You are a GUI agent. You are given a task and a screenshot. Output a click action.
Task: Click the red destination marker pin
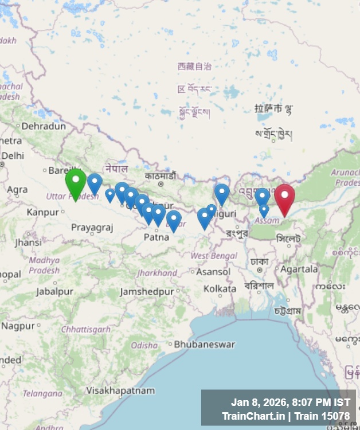[x=284, y=198]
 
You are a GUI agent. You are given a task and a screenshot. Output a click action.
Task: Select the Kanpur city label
[x=42, y=212]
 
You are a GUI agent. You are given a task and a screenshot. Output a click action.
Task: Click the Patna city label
[x=156, y=236]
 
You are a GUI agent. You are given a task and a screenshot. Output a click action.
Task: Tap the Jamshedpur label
[x=147, y=292]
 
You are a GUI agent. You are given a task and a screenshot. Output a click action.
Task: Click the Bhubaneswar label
[x=205, y=345]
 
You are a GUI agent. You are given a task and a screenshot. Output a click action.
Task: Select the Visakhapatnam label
[x=120, y=390]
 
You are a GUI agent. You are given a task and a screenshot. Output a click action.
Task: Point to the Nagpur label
[x=18, y=326]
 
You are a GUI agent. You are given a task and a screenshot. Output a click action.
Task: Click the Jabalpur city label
[x=54, y=291]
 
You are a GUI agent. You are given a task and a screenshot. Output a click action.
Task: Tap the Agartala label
[x=299, y=268]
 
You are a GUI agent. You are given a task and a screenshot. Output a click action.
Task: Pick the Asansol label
[x=213, y=272]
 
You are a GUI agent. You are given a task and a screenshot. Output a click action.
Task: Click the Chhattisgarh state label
[x=86, y=329]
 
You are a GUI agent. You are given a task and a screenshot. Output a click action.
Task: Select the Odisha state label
[x=144, y=345]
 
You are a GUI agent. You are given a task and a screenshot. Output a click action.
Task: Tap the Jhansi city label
[x=28, y=243]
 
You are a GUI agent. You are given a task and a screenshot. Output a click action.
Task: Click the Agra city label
[x=17, y=189]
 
